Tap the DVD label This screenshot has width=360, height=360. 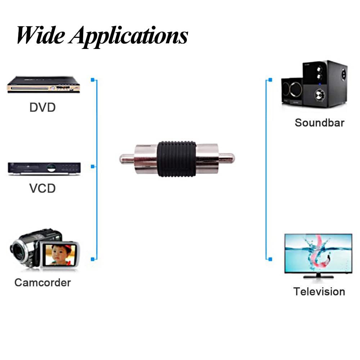click(x=42, y=107)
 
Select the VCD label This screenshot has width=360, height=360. click(x=42, y=188)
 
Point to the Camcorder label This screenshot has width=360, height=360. click(x=42, y=283)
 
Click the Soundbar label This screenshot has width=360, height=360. click(x=319, y=122)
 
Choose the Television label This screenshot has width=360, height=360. click(x=319, y=291)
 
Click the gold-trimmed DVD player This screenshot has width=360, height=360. click(x=43, y=85)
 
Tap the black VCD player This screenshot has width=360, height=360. click(x=44, y=168)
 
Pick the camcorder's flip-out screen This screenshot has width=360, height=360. click(x=59, y=254)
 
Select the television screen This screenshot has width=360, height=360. click(x=318, y=253)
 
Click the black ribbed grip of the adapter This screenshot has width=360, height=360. click(x=177, y=158)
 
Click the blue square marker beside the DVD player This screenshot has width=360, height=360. click(x=93, y=80)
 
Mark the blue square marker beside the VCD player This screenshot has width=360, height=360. click(x=93, y=167)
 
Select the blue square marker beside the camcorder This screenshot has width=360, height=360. click(x=93, y=259)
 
